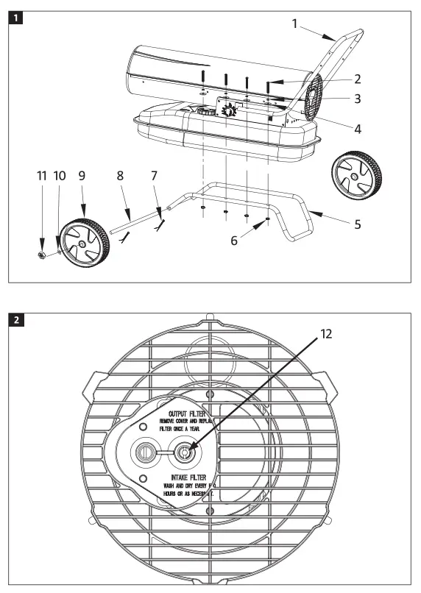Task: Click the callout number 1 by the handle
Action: click(295, 24)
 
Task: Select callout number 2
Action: click(357, 79)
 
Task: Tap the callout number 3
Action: click(357, 98)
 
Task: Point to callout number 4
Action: click(357, 129)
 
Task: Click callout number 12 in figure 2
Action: click(326, 333)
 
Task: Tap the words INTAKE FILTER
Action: click(185, 477)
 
